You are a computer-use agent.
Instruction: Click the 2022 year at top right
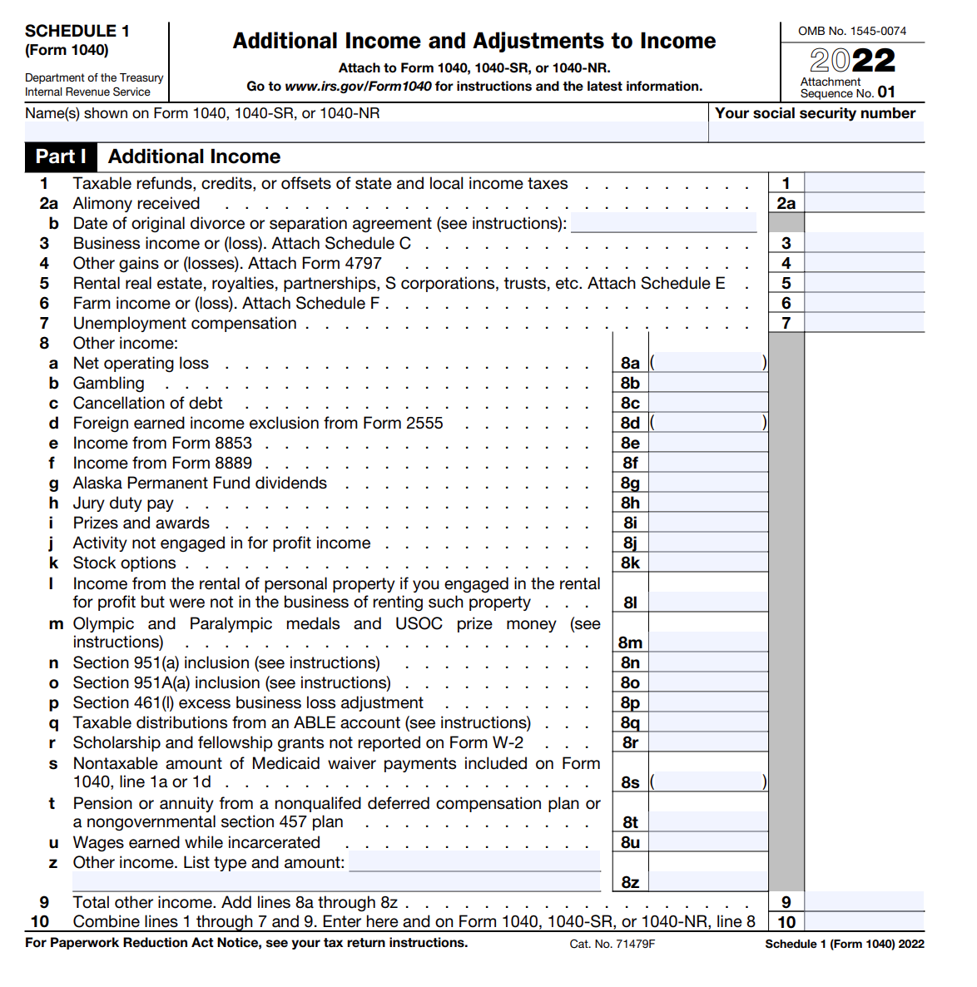[853, 60]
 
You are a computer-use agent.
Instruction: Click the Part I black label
[61, 156]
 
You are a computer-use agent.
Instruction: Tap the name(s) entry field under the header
[366, 131]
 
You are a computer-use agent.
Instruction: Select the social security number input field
[816, 131]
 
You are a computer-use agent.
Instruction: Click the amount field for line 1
[864, 183]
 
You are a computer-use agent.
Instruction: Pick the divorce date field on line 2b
[663, 223]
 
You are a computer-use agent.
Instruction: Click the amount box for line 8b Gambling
[708, 383]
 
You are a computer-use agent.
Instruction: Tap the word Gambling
[108, 383]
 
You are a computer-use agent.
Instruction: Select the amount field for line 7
[864, 323]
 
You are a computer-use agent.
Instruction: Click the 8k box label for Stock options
[630, 563]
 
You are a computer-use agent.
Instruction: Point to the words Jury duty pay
[123, 503]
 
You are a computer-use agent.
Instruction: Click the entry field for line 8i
[708, 523]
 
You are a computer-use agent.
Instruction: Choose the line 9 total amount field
[864, 901]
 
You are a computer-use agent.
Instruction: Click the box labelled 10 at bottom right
[786, 921]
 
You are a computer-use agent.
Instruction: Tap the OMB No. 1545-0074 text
[852, 31]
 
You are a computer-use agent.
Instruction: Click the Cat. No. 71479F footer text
[612, 944]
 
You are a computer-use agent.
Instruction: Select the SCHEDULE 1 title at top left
[77, 31]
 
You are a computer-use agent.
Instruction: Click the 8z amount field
[708, 881]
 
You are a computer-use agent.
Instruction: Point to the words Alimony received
[136, 203]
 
